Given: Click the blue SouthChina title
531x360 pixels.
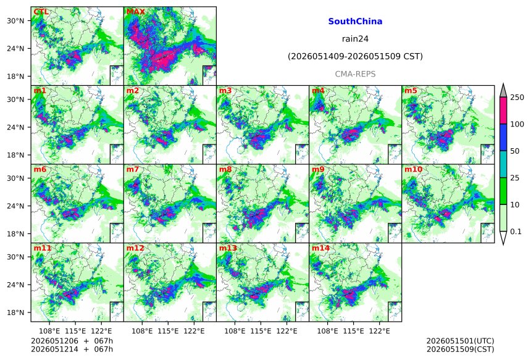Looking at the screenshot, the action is click(355, 22).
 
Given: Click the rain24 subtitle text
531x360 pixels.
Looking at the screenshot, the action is click(355, 39).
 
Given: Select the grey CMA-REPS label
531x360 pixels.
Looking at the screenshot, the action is click(355, 74).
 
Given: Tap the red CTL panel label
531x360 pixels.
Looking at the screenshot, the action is click(41, 12).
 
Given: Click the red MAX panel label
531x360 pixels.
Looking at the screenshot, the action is click(135, 12).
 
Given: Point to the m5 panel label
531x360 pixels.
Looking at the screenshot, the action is click(411, 91).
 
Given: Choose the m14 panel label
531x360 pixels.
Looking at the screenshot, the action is click(320, 248).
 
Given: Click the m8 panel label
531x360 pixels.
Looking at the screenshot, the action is click(225, 169).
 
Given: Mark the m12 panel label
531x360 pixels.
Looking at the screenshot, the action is click(135, 248).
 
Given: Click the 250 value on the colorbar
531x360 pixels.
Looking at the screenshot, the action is click(517, 98).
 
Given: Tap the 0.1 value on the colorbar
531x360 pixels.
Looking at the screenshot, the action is click(516, 232).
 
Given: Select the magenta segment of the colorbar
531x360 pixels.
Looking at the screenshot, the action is click(503, 111).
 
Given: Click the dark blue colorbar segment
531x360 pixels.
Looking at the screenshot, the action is click(503, 137).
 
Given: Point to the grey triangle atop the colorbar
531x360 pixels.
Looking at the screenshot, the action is click(503, 91).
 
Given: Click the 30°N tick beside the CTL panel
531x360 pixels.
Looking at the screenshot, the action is click(15, 21).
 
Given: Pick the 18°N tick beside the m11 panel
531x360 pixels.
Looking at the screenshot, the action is click(15, 312).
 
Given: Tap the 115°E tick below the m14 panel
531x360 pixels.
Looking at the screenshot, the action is click(354, 331).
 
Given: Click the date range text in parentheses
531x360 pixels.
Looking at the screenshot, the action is click(355, 57).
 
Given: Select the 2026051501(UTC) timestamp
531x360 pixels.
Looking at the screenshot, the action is click(460, 341).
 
